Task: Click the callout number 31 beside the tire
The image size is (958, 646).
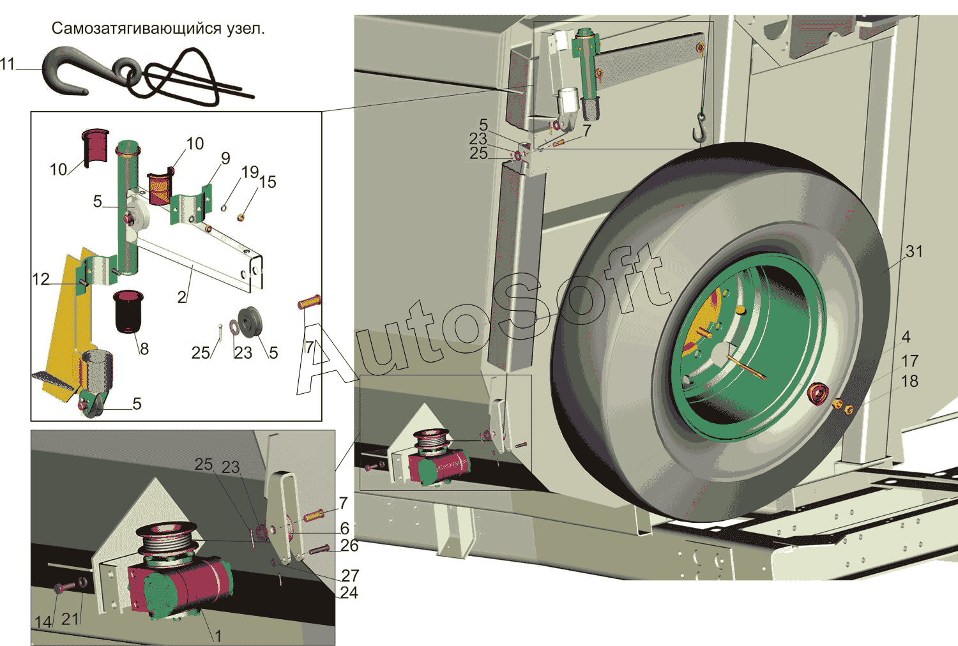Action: tap(914, 252)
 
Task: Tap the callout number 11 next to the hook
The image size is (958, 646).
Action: tap(8, 64)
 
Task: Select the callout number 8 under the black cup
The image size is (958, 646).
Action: tap(144, 349)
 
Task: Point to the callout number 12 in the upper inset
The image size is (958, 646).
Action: tap(40, 280)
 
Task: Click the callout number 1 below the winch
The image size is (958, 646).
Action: tap(218, 636)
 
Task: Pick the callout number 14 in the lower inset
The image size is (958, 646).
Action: tap(43, 622)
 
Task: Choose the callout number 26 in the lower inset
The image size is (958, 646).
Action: tap(349, 546)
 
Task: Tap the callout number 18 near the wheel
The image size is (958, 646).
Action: tap(909, 381)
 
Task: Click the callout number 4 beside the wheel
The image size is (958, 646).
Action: tap(906, 336)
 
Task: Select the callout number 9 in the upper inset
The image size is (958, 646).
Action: tap(225, 158)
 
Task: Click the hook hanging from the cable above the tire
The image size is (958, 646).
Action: tap(700, 126)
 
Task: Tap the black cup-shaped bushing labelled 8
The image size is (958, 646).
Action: tap(130, 312)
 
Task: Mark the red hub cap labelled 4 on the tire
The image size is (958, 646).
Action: tap(817, 394)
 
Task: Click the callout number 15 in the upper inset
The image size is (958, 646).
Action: tap(268, 182)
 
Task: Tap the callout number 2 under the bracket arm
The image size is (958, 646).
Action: tap(182, 297)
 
